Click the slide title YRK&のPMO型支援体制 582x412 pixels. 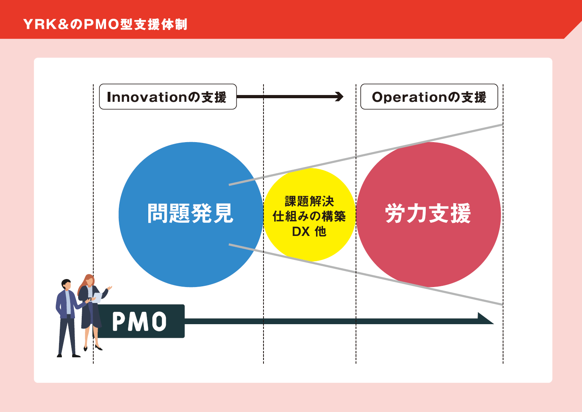pos(105,24)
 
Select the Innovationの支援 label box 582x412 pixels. pos(167,97)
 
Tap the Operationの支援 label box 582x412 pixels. pos(429,97)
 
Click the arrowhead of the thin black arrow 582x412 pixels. pos(340,97)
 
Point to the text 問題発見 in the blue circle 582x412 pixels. pos(190,214)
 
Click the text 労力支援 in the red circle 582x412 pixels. pos(428,214)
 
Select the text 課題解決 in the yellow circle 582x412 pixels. pos(309,201)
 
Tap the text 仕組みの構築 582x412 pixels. pos(309,216)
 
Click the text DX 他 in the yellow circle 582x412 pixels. pos(309,232)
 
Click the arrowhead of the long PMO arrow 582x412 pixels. pos(486,319)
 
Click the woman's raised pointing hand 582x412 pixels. pos(109,288)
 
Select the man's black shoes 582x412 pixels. pos(68,355)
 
